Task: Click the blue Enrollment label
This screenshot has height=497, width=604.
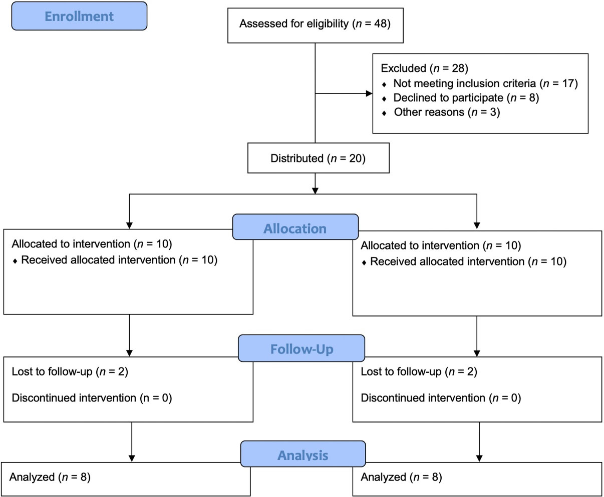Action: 79,16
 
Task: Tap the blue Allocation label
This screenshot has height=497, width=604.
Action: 295,227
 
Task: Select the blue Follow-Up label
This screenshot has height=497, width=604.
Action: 301,348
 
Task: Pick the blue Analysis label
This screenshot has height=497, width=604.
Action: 303,453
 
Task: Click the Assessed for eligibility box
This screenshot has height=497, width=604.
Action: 316,25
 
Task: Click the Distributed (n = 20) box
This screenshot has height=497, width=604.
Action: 318,158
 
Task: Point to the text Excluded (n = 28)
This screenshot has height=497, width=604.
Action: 424,68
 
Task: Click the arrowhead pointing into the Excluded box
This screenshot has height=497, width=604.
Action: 369,93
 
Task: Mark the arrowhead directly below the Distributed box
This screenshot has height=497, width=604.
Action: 315,190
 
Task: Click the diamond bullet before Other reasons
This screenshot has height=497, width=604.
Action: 384,113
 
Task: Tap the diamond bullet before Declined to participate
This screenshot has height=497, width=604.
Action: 384,99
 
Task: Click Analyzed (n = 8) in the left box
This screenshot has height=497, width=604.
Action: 50,477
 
